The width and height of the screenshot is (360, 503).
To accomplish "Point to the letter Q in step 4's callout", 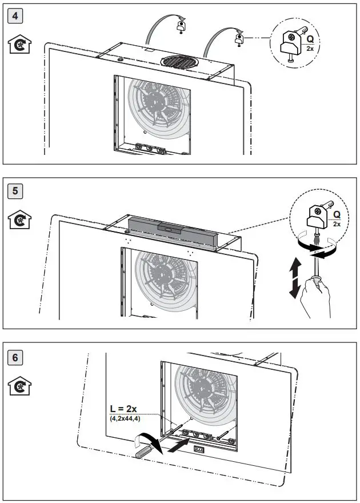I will [x=310, y=39].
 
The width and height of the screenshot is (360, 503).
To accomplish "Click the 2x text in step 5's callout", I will [x=337, y=224].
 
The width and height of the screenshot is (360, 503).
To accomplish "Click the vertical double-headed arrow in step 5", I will [x=294, y=277].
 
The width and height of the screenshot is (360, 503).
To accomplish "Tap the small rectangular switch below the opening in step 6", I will [x=200, y=450].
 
